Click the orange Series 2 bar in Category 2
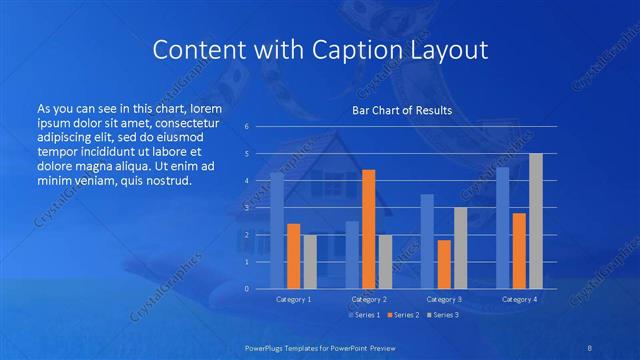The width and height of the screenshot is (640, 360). click(368, 229)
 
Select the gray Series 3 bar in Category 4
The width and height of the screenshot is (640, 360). click(536, 221)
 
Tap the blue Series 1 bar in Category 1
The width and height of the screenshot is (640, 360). click(277, 230)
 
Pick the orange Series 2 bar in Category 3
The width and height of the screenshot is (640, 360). click(444, 264)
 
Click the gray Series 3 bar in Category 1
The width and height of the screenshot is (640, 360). click(310, 261)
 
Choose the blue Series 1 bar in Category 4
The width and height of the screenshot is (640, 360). click(502, 227)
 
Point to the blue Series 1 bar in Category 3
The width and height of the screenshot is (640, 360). click(427, 241)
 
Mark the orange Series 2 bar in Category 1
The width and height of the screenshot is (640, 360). click(293, 256)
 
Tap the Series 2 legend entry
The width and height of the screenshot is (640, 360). click(404, 315)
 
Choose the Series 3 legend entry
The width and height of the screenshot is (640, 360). click(443, 315)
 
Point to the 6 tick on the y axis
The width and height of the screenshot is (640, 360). click(247, 127)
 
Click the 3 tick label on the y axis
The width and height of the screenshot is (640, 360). click(247, 208)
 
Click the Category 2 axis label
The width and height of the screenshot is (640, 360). click(369, 299)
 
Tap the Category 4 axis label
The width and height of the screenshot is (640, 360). click(519, 299)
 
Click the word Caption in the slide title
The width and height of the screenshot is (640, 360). click(353, 50)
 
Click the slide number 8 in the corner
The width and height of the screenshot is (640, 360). click(590, 347)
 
